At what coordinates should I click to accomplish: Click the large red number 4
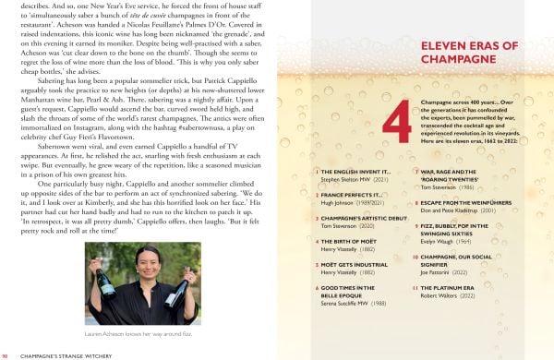396,117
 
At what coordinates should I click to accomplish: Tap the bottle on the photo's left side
105,294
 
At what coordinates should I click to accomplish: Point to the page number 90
6,354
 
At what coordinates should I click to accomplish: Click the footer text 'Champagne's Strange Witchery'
66,354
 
